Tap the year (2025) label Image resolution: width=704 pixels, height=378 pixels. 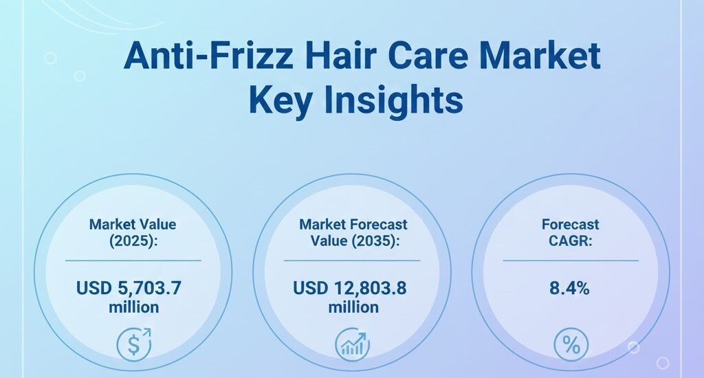pyautogui.click(x=133, y=241)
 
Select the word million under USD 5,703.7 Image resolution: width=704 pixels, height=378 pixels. pyautogui.click(x=133, y=307)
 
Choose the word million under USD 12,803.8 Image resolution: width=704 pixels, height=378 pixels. pyautogui.click(x=353, y=307)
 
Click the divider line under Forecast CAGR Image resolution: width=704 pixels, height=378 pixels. pyautogui.click(x=571, y=260)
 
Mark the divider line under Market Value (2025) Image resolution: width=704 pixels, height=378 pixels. pyautogui.click(x=133, y=260)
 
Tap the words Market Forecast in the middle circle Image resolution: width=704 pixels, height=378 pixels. pyautogui.click(x=353, y=224)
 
